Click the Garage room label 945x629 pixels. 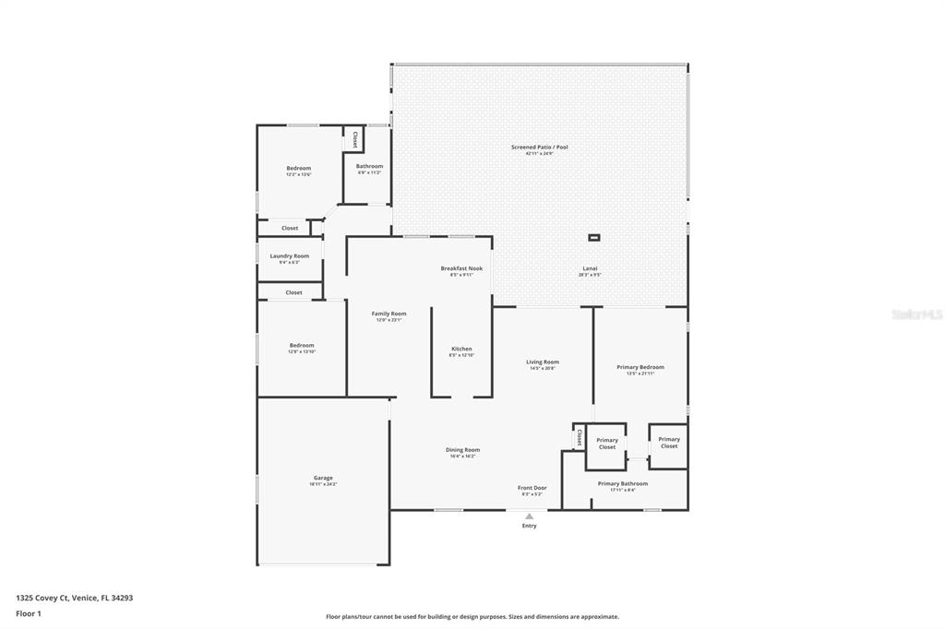[x=323, y=479]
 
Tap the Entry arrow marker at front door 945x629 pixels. [x=529, y=516]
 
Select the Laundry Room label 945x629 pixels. [x=290, y=256]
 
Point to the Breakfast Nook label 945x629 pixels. [x=461, y=269]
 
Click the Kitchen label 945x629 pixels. [x=461, y=350]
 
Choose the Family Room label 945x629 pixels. [x=389, y=314]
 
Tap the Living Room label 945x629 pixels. [x=543, y=362]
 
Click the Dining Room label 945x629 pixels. [x=462, y=450]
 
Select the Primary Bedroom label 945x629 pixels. [x=640, y=368]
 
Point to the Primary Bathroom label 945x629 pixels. [x=623, y=484]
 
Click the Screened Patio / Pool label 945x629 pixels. [x=540, y=148]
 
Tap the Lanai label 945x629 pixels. [x=590, y=269]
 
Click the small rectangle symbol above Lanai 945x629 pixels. [x=594, y=238]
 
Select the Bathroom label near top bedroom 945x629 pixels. [x=369, y=167]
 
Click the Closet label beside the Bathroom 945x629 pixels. [x=355, y=138]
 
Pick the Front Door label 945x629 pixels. [x=532, y=488]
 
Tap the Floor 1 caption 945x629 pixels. [x=28, y=613]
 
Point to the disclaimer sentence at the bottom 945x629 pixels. [x=472, y=617]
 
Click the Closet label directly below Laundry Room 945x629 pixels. [x=293, y=292]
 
